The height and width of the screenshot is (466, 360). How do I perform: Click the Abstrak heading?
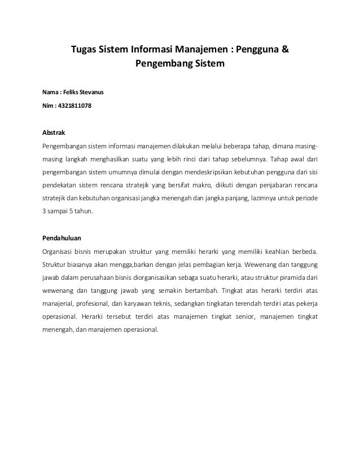point(54,133)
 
